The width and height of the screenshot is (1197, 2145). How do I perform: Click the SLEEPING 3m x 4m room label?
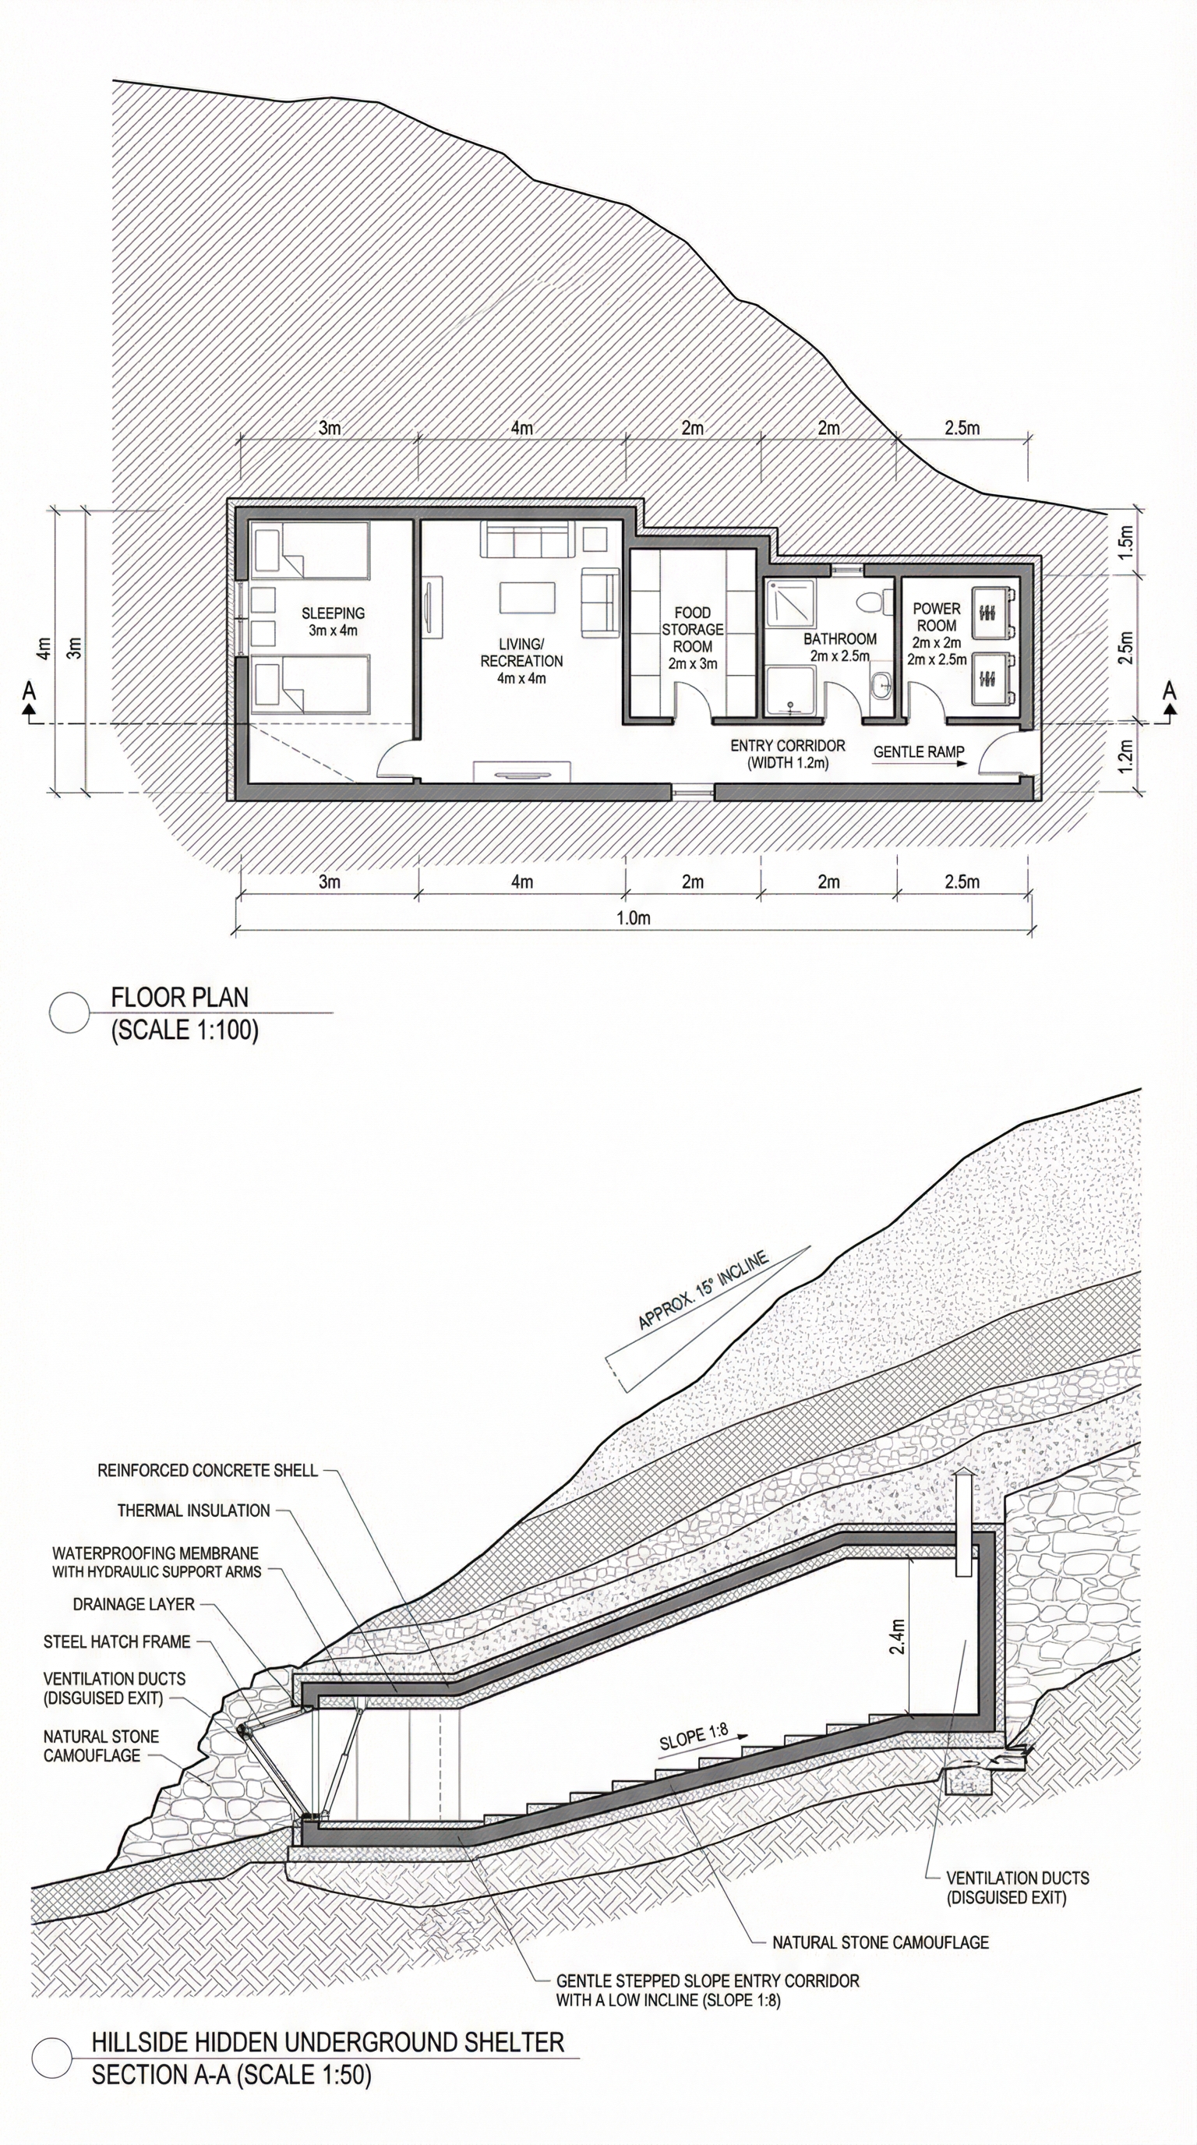tap(333, 621)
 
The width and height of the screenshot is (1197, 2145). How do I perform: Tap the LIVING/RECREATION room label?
tap(522, 661)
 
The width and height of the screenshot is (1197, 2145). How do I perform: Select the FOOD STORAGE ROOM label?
tap(693, 638)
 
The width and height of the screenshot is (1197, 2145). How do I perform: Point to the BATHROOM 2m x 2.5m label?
tap(840, 647)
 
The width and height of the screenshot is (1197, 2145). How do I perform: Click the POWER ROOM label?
tap(937, 617)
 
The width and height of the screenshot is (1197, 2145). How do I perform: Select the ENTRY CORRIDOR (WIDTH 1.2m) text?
tap(787, 754)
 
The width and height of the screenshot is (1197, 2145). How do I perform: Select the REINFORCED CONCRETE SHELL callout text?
tap(207, 1470)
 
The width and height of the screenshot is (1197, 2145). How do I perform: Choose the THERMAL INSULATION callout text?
tap(193, 1510)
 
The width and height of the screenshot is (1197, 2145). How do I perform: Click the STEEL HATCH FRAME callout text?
tap(117, 1641)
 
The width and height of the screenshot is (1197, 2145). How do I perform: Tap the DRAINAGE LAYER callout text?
tap(133, 1604)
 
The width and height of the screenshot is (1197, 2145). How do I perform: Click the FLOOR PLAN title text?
tap(180, 997)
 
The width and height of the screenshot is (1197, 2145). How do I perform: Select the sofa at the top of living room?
tap(526, 540)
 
